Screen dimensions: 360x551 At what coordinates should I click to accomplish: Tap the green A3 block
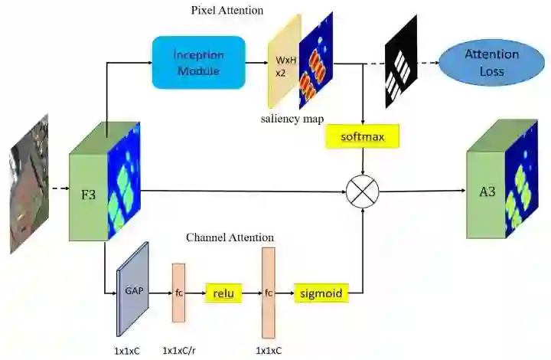pos(487,191)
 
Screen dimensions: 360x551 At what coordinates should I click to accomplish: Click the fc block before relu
pos(179,292)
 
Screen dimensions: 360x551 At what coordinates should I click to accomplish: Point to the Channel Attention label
pos(230,237)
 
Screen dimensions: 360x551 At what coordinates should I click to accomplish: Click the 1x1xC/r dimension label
pos(182,351)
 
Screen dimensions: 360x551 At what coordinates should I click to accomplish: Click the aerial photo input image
pos(28,184)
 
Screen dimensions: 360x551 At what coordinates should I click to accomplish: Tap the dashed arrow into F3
pos(58,186)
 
